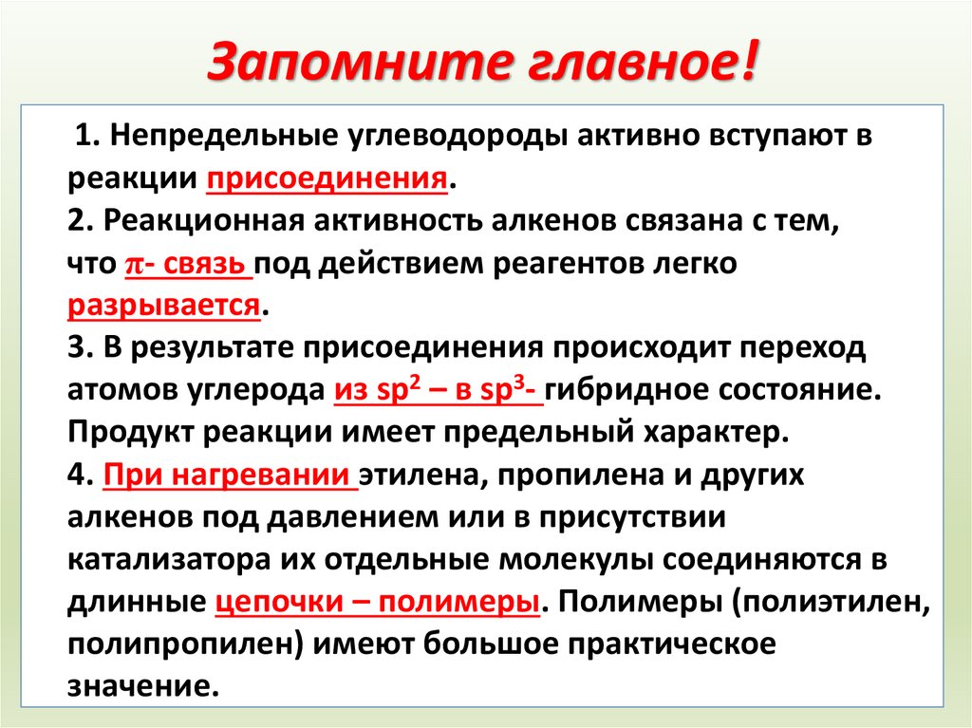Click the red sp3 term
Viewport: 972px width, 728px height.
click(x=509, y=390)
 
